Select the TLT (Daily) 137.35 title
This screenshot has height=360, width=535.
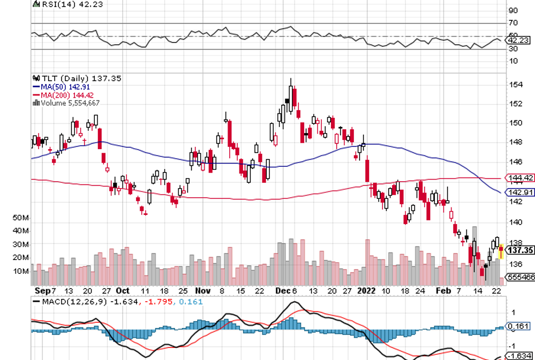pos(64,78)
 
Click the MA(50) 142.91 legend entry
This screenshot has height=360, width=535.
pos(60,87)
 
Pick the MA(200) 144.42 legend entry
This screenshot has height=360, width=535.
pos(62,95)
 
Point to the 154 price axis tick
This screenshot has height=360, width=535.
pos(516,85)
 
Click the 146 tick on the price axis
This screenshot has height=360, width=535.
pos(516,162)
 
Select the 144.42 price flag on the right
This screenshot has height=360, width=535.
pos(520,178)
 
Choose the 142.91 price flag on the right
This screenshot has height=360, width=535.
pos(520,193)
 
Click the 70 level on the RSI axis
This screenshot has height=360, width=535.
pos(513,23)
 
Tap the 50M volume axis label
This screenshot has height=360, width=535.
pos(21,218)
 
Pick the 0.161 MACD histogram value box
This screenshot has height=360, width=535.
pos(520,327)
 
